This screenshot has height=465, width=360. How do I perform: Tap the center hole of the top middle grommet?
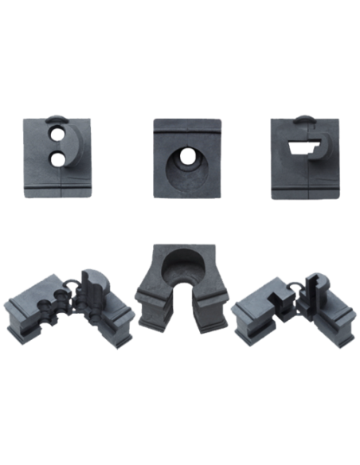186,158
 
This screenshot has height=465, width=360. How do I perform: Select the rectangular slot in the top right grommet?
301,147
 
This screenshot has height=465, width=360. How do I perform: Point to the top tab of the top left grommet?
55,119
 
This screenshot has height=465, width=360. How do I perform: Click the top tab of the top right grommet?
307,119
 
